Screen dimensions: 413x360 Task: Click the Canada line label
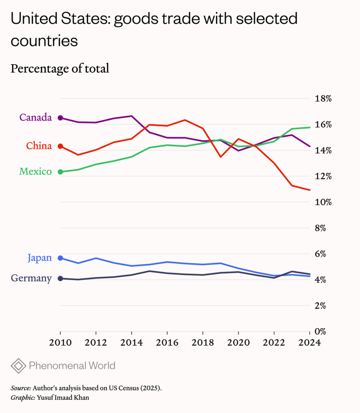point(35,117)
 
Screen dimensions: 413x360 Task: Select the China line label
point(39,146)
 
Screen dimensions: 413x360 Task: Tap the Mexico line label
point(35,171)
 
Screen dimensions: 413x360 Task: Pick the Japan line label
point(40,258)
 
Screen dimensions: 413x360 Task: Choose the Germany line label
point(31,278)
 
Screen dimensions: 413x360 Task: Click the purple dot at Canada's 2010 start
point(60,118)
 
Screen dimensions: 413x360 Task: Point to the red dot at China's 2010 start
point(60,146)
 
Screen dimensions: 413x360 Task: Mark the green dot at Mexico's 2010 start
point(60,172)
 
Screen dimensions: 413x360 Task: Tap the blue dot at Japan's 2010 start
point(60,258)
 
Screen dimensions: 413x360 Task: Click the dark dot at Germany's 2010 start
point(60,278)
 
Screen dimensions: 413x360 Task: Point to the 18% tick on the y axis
point(323,99)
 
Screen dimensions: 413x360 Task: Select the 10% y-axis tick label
point(323,202)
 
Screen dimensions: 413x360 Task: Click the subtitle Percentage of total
point(60,69)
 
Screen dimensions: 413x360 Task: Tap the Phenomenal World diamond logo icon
point(18,366)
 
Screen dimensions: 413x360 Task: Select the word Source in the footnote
point(21,388)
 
